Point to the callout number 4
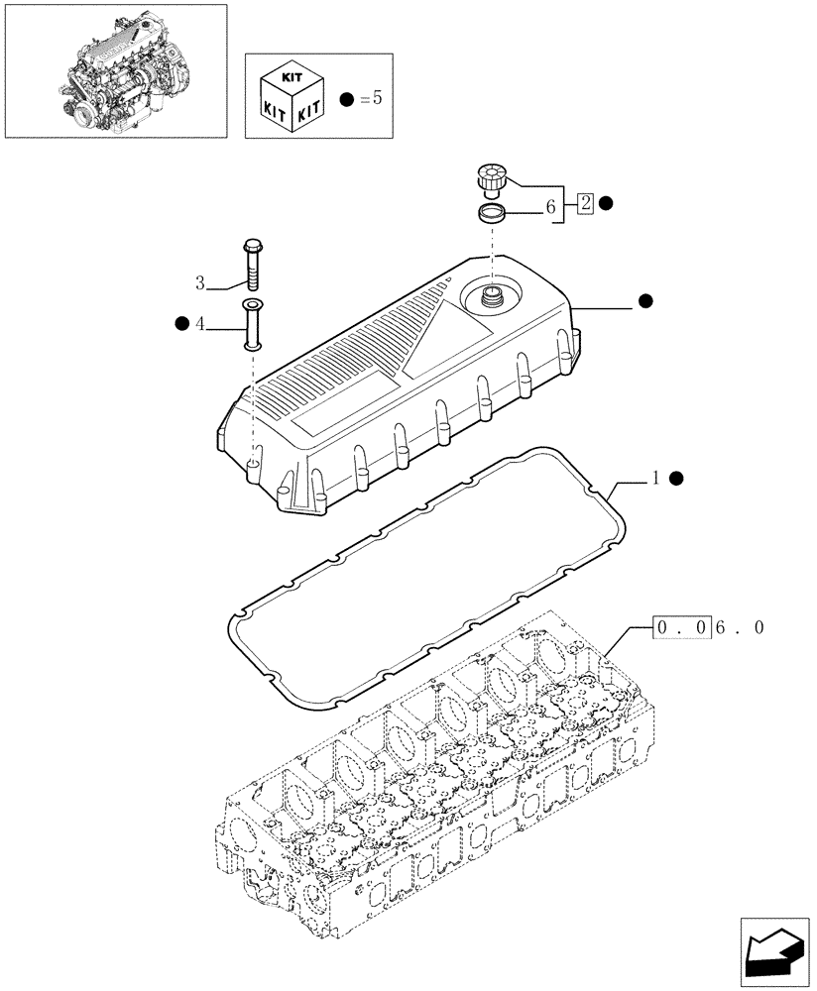[x=200, y=323]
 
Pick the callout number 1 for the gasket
[x=655, y=479]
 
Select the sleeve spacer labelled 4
[x=252, y=323]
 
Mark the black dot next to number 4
[x=180, y=323]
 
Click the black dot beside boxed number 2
[x=606, y=204]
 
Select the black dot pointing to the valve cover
[x=645, y=300]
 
